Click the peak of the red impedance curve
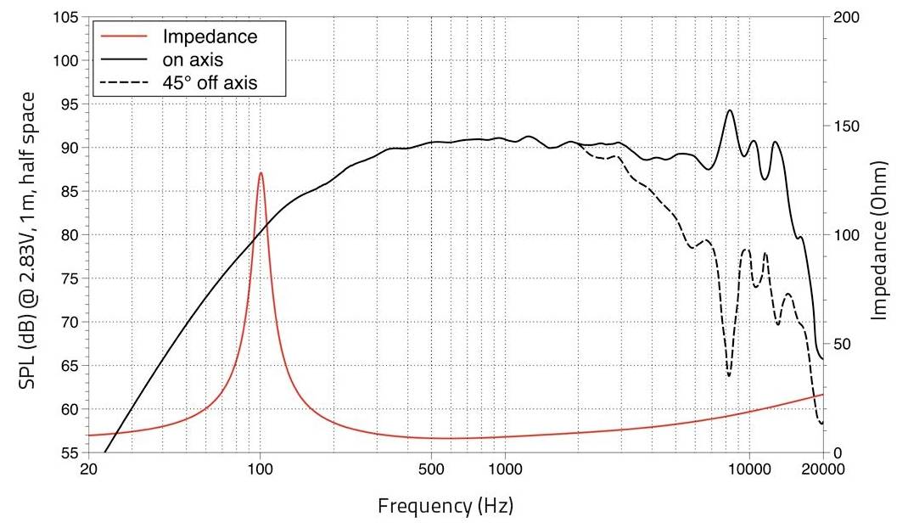[x=261, y=173]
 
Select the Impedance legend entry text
[x=209, y=37]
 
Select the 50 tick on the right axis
[x=842, y=344]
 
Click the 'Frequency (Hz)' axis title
[x=445, y=507]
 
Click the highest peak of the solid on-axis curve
[x=729, y=110]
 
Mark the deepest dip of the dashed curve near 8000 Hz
[x=728, y=376]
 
